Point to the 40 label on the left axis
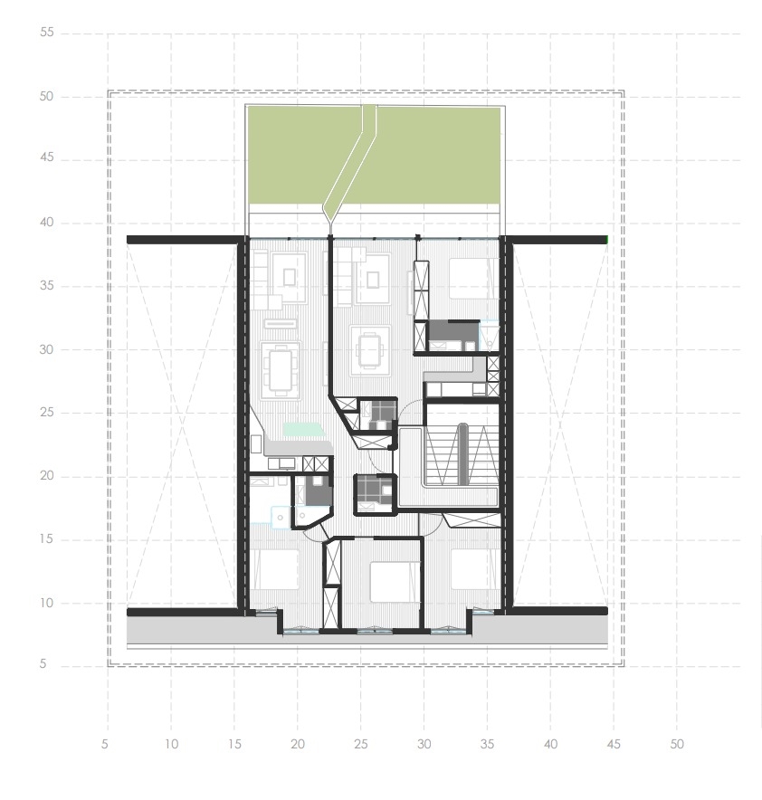coord(47,223)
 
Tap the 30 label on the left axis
coord(47,349)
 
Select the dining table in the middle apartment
coord(370,348)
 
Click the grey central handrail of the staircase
coord(462,452)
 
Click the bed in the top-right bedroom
coord(471,275)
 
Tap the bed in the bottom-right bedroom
coord(472,568)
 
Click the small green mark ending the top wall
coord(606,239)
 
